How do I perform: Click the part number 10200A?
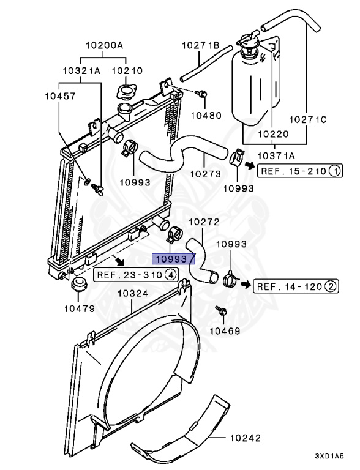[104, 45]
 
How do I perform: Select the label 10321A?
[81, 71]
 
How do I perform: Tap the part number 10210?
[127, 71]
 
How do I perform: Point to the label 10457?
[60, 96]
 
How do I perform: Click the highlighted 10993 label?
[173, 259]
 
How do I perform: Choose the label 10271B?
[200, 45]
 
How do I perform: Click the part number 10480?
[206, 116]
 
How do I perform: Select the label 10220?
[273, 134]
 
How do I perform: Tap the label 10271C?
[307, 119]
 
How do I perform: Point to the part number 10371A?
[276, 155]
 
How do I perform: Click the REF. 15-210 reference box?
[300, 171]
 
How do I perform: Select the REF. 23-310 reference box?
[136, 275]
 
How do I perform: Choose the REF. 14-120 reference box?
[296, 286]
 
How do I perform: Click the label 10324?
[133, 293]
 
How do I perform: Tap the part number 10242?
[246, 438]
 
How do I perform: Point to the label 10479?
[80, 308]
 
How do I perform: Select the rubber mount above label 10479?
[79, 284]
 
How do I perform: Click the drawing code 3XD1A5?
[329, 456]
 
